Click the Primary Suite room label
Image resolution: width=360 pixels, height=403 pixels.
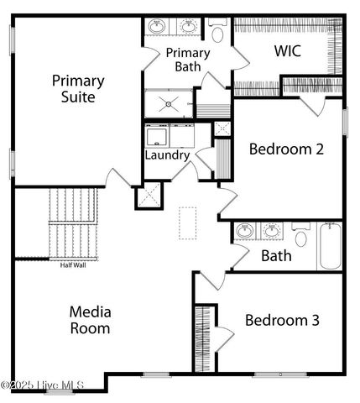78,89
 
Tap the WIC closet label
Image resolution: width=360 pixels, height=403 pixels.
288,50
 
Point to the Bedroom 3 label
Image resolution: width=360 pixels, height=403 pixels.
282,320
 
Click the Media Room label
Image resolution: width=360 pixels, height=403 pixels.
90,320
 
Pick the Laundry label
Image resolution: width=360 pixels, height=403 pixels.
167,155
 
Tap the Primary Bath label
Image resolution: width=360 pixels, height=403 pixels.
187,60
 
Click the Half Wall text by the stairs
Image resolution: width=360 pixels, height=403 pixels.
72,264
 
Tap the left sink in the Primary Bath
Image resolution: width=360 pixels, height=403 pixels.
157,28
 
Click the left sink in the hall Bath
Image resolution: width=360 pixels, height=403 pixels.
245,230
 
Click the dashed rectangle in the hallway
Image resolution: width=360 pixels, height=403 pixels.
188,224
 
